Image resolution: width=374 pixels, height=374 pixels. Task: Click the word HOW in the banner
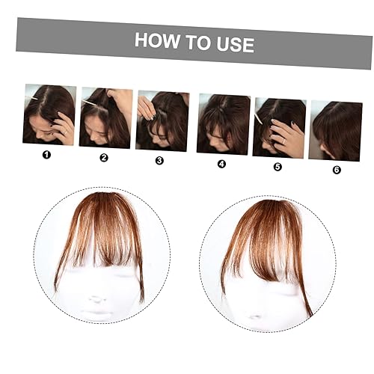coord(156,40)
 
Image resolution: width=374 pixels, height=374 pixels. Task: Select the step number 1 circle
coord(46,156)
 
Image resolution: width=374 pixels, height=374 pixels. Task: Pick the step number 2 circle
coord(104,158)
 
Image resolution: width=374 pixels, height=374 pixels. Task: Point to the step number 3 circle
coord(159,160)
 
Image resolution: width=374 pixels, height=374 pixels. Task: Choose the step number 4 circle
coord(221,164)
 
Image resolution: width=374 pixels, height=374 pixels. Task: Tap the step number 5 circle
coord(278,167)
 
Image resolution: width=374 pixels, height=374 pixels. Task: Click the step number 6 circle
coord(336,170)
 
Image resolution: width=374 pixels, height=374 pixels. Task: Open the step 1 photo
coord(49,114)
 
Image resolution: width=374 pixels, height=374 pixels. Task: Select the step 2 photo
coord(105,117)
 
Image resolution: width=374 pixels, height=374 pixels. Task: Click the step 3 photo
coord(162,120)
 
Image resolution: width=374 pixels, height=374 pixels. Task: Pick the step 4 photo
coord(223,124)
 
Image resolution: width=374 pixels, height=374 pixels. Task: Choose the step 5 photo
coord(279,127)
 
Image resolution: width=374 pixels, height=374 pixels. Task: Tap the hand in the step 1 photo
coord(64,127)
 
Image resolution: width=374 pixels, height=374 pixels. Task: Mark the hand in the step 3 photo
coord(147,109)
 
